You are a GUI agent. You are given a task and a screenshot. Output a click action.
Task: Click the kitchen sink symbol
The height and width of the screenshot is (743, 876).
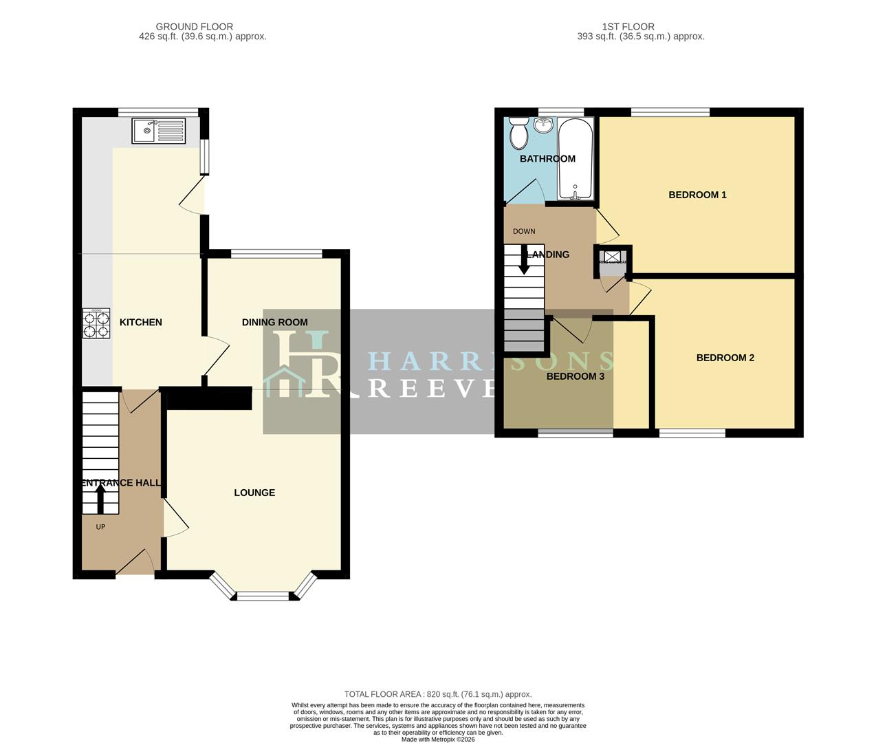point(159,130)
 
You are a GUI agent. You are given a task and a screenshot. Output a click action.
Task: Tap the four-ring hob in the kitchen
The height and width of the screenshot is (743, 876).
point(96,323)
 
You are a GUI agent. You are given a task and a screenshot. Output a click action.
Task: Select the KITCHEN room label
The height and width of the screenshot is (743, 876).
point(141,322)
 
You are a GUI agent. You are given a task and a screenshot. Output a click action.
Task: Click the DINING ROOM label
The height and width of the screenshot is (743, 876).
point(274,322)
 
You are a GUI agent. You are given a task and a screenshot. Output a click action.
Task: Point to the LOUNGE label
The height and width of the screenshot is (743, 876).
point(254,493)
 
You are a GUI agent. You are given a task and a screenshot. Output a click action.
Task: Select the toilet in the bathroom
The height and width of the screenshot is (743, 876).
point(519,133)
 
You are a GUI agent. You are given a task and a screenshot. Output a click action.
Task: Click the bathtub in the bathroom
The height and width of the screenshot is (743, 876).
point(575,158)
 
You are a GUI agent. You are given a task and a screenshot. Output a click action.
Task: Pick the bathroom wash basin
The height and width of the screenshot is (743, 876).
point(544,125)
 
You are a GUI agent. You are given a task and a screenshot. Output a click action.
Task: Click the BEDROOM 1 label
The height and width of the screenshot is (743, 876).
point(697,195)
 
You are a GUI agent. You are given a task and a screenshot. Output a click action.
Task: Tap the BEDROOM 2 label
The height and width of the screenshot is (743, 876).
point(725,358)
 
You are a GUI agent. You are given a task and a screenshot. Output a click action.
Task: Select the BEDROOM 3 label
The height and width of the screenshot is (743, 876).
point(575,376)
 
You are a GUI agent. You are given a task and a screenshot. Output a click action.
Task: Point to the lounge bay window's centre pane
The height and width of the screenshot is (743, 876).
point(263,596)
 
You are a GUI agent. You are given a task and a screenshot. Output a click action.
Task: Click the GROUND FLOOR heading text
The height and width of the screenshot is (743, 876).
point(194,27)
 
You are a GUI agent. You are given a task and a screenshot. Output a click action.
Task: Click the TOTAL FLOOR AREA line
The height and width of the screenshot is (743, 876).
point(437,694)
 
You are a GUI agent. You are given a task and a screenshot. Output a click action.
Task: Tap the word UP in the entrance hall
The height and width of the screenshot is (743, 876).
point(100,527)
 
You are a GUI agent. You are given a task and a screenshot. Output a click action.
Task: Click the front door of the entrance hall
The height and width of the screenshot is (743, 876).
point(135,563)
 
